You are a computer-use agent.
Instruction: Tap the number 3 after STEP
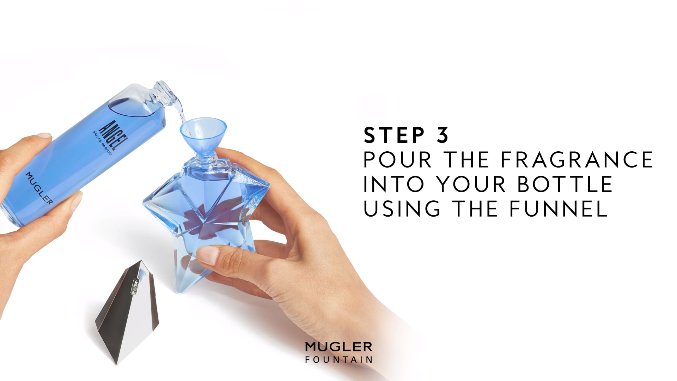tap(443, 135)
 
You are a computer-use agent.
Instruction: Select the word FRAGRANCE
tap(577, 159)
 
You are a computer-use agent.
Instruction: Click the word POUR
tap(398, 159)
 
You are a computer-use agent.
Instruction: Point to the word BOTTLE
tap(565, 184)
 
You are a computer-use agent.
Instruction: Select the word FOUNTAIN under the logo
tap(338, 360)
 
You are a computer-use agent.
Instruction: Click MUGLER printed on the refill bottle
tap(39, 188)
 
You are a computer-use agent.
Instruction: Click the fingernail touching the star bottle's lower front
tap(206, 255)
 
